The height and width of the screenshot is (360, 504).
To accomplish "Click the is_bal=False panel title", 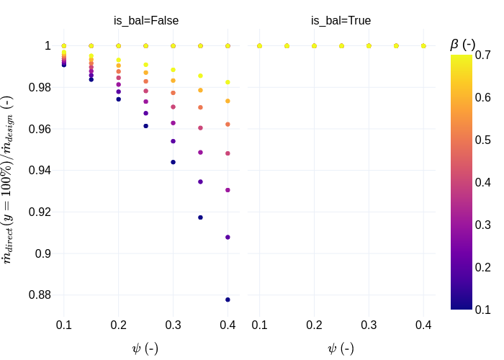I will click(x=146, y=21).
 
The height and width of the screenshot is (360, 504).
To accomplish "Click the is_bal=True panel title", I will click(x=341, y=21).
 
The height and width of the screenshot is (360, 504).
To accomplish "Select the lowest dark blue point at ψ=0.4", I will click(x=228, y=300).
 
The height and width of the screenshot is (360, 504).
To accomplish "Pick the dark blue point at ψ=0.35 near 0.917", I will click(x=200, y=217).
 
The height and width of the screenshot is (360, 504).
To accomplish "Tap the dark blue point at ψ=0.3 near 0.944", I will click(x=173, y=162).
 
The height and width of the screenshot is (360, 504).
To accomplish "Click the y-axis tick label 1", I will click(x=48, y=46).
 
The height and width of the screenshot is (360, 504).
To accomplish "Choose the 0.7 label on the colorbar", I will click(x=483, y=55).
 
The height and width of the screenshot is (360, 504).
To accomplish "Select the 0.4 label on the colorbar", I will click(x=483, y=182).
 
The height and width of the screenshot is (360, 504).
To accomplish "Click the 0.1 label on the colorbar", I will click(x=483, y=310).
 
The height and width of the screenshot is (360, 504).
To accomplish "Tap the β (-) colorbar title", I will click(x=462, y=44).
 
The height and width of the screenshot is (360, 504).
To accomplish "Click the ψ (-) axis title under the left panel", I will click(x=145, y=348).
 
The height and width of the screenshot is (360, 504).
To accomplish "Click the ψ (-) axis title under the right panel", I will click(x=341, y=348).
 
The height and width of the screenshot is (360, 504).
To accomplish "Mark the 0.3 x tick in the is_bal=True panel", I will click(x=369, y=325).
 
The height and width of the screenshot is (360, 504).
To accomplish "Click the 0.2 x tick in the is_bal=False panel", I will click(x=118, y=325).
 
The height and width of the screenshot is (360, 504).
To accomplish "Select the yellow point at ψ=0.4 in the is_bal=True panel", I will click(x=423, y=46).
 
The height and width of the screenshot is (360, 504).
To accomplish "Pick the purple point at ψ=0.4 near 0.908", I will click(x=228, y=237).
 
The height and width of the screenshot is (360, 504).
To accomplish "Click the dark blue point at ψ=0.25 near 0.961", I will click(x=145, y=126).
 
